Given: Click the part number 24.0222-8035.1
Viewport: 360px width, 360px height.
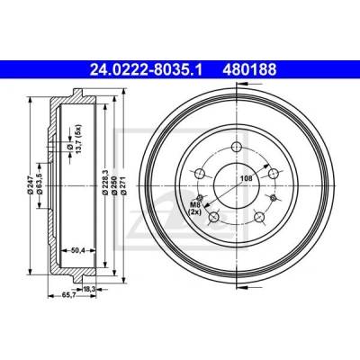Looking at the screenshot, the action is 147,70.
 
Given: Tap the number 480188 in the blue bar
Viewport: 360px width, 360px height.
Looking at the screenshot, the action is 249,70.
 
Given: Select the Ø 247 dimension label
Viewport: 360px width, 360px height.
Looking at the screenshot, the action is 30,185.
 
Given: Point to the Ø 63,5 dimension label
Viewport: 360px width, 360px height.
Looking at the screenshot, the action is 39,185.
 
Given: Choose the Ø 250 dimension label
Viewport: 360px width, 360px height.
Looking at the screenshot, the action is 114,186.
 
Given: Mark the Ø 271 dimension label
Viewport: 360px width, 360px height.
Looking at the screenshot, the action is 124,186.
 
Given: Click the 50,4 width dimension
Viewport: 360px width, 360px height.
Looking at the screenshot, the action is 76,249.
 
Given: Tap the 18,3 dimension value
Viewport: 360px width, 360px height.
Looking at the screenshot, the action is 89,289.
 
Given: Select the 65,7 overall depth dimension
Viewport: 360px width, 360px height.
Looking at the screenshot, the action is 67,295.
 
